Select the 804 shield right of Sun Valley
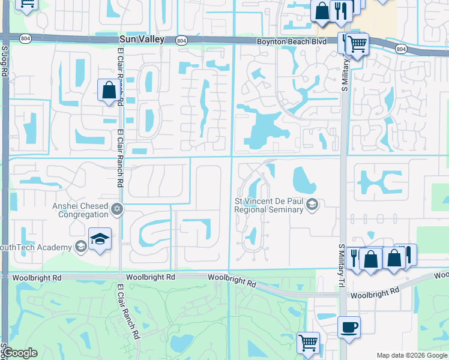(181, 40)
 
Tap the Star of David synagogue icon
(118, 209)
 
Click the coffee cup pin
(349, 327)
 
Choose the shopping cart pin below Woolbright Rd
(308, 343)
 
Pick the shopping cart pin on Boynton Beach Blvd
(357, 43)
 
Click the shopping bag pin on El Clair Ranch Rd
(109, 91)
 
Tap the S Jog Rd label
(4, 62)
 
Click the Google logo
(20, 353)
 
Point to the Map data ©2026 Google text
(412, 355)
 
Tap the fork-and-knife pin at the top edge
(340, 11)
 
